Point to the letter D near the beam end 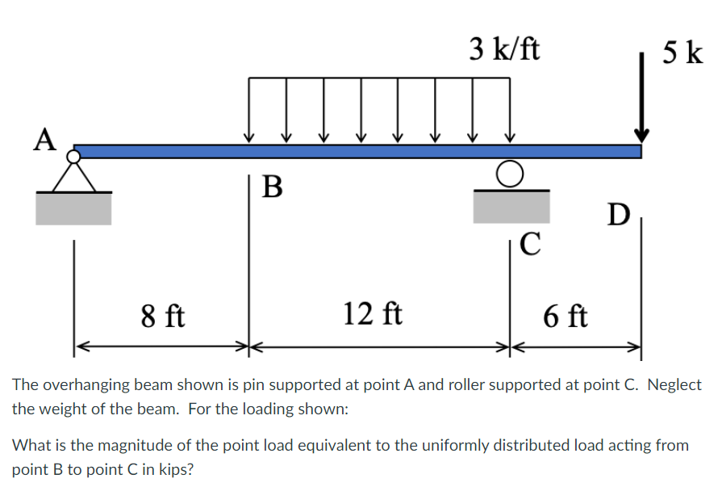(619, 214)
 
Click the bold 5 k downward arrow (642, 97)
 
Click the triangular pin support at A (74, 175)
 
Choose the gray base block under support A (73, 208)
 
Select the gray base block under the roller (511, 208)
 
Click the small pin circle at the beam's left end (74, 155)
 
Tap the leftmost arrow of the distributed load (249, 113)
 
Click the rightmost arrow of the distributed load (510, 113)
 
